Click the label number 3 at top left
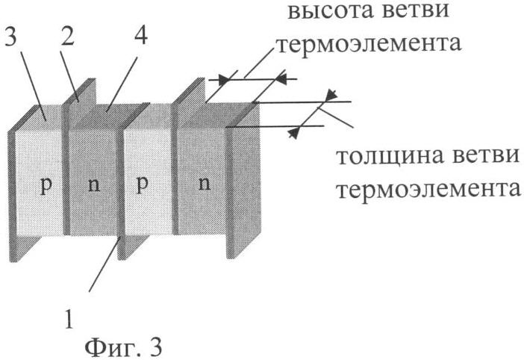pos(12,38)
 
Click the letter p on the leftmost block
pos(46,184)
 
